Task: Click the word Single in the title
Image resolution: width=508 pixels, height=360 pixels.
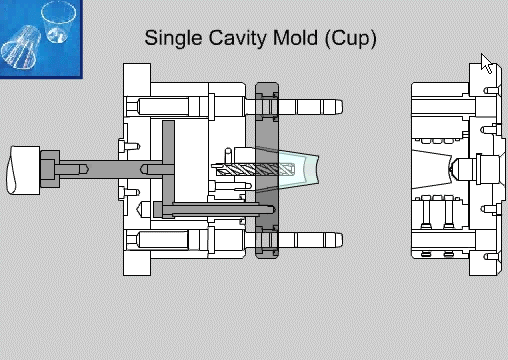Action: (173, 39)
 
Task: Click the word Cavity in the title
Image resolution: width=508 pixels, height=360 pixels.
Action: (237, 39)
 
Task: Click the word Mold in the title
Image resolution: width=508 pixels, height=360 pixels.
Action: (295, 38)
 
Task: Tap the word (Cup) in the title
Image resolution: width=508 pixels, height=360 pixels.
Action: (350, 39)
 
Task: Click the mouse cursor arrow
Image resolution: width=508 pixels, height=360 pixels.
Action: (486, 63)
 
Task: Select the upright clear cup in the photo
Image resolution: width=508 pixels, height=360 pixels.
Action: (58, 22)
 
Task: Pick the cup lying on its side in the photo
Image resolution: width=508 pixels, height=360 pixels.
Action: (21, 47)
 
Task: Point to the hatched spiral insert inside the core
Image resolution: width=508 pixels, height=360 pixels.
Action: (255, 169)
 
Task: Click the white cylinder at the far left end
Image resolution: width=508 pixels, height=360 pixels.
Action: (23, 170)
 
